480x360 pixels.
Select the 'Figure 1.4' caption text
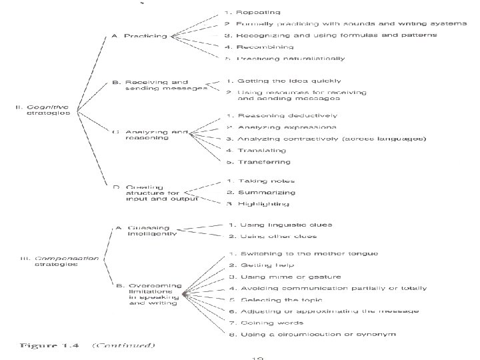[x=50, y=345]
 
